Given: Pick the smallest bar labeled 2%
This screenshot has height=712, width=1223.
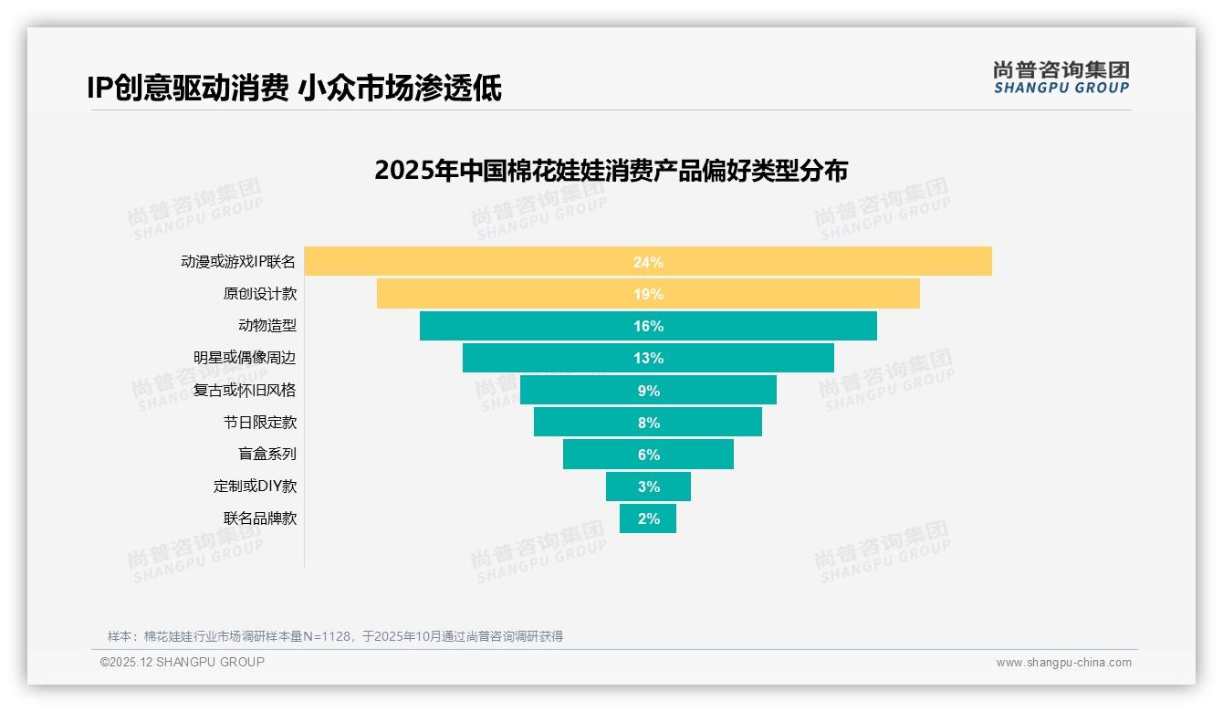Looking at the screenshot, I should point(648,518).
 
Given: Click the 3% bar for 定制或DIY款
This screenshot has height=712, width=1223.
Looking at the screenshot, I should point(648,487).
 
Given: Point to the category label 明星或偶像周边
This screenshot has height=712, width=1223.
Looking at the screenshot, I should point(245,358).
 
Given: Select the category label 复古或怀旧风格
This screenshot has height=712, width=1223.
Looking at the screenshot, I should point(245,390).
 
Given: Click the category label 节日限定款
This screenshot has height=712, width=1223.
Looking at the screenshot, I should point(260,423).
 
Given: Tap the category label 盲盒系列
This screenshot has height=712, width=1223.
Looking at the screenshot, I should point(267,454).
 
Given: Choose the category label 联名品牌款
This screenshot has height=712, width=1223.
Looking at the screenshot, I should point(260,518).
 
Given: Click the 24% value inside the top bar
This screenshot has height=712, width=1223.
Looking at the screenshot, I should point(648,262).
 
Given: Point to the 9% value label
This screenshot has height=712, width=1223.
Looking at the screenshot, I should point(648,391).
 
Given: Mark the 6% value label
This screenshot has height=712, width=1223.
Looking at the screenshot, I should point(648,455).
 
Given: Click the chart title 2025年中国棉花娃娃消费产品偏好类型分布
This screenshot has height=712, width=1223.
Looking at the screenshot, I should point(611,171).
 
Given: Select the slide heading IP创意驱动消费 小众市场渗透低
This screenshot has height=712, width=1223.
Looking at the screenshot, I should point(294,88).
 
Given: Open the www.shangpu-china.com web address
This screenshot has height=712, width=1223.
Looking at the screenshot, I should point(1063,663).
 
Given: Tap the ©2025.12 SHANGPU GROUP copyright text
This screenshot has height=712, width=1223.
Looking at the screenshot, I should point(183,662).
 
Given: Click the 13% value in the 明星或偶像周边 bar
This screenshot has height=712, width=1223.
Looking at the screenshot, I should point(648,358).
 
